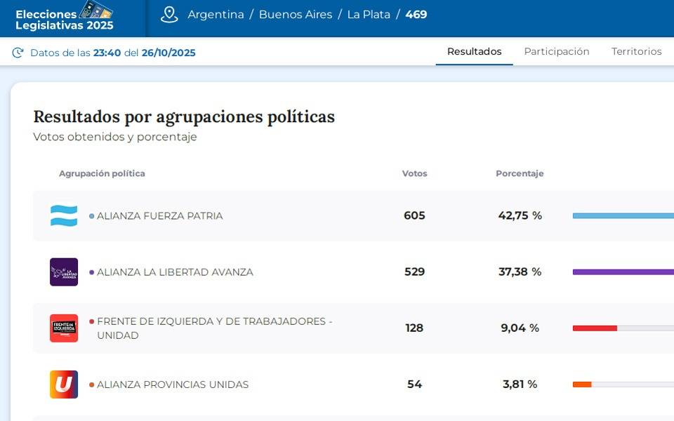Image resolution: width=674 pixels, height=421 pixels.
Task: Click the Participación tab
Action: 557,51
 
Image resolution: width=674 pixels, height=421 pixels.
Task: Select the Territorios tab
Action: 636,51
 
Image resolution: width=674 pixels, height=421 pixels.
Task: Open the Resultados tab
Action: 475,51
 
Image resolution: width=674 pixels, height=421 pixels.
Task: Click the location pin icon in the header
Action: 169,15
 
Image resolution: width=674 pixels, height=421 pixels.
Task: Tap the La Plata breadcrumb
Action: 369,15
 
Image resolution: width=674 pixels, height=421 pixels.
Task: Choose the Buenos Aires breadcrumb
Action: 296,15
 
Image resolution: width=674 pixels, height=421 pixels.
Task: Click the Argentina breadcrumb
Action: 216,15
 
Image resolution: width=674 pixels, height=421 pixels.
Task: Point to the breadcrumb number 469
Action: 416,15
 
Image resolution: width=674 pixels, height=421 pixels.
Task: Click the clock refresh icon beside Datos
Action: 18,53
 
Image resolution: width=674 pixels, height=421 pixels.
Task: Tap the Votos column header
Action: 414,173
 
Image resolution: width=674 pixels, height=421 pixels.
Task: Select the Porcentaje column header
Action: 520,173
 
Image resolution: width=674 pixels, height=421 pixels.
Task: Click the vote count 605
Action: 414,215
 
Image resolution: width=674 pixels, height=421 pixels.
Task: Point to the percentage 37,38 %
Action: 520,272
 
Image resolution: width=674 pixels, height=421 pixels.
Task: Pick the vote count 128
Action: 414,328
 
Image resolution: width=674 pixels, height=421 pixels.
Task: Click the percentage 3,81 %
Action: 520,384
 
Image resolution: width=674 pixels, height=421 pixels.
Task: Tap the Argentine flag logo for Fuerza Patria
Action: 64,215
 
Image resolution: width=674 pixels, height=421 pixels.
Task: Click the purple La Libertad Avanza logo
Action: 64,272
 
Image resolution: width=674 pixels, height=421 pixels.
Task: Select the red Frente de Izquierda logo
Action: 64,328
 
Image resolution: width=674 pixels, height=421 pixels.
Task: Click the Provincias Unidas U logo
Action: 64,384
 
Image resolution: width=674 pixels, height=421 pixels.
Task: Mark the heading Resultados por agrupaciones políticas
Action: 184,116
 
